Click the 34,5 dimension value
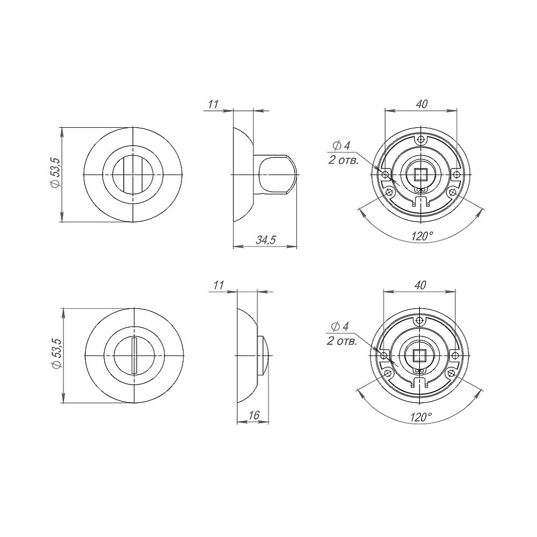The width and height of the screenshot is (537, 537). coord(265,240)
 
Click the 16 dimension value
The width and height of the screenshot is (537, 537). coord(254,415)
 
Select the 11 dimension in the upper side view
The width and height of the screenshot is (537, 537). coord(213,104)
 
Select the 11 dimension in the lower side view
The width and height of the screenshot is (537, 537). coord(218,285)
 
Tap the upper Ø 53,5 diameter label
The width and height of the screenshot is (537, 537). coord(55,172)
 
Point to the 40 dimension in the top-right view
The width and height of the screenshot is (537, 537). coord(422,104)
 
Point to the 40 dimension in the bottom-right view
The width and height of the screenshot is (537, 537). coord(420,285)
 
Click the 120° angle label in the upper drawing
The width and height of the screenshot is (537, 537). coord(422,236)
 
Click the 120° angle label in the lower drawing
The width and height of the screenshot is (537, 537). coord(421,417)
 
